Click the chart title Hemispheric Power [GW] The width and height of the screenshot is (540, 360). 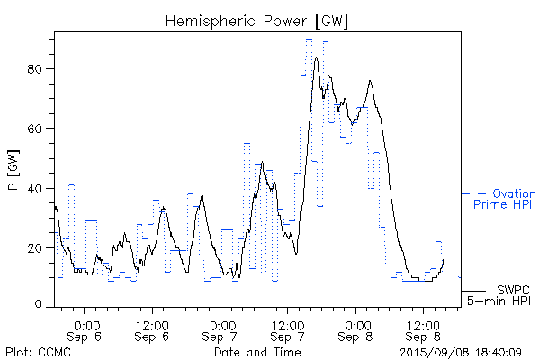point(256,20)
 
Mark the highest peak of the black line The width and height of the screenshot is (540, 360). point(316,58)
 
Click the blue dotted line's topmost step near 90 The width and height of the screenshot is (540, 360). point(309,39)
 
